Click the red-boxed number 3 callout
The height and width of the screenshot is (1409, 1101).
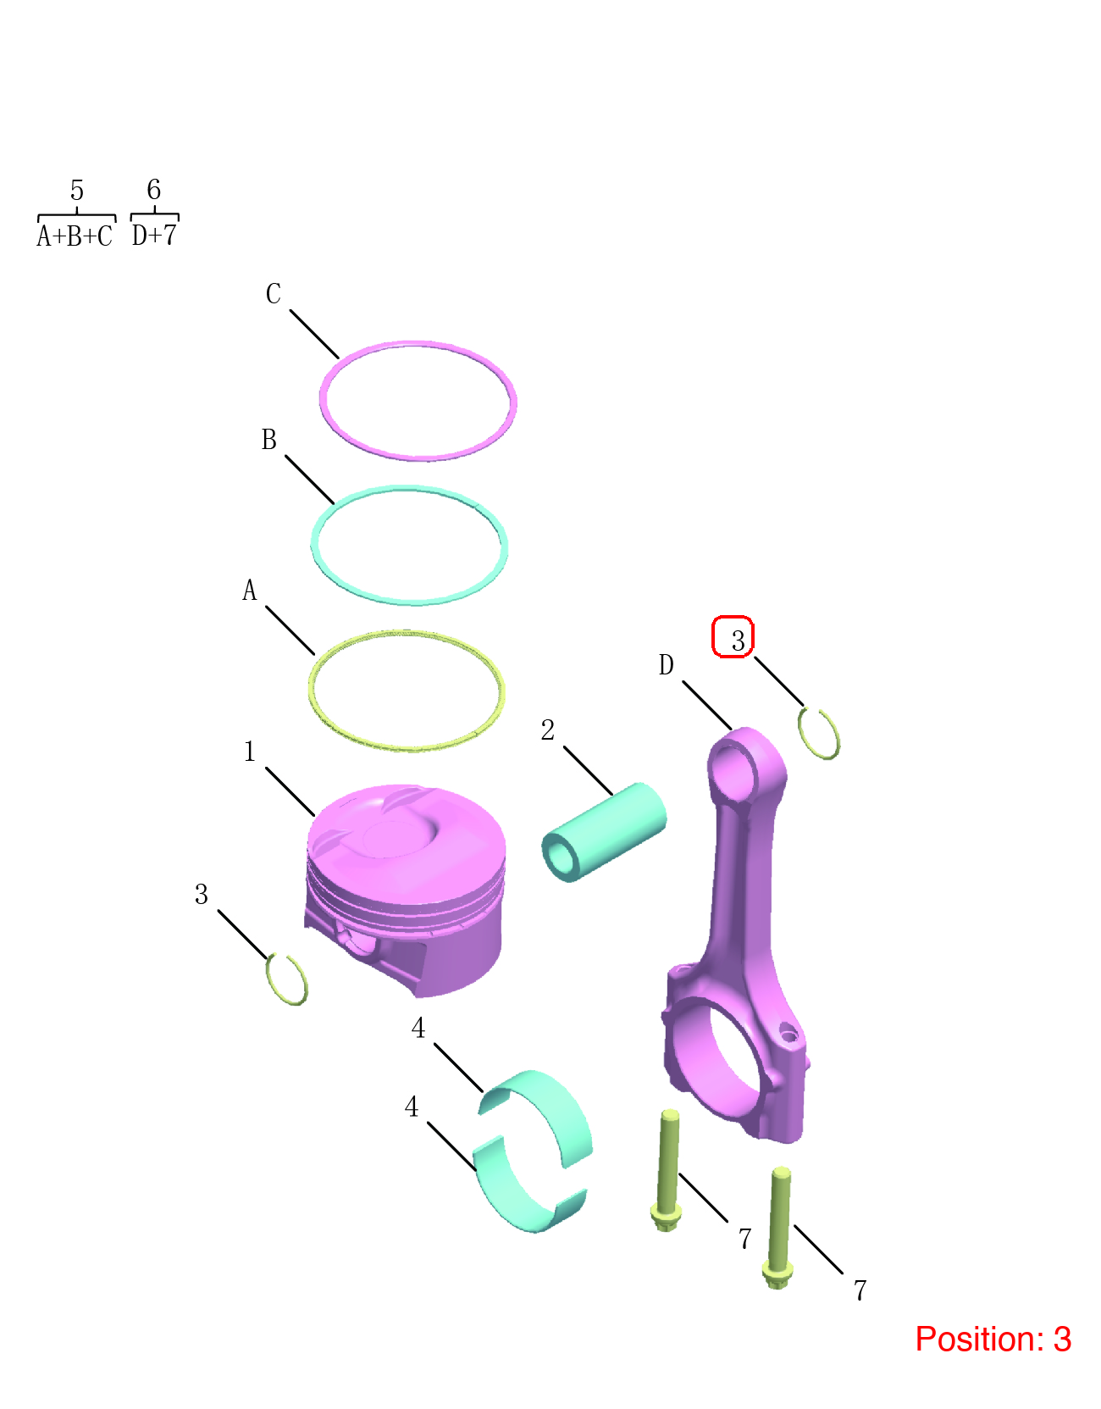tap(733, 636)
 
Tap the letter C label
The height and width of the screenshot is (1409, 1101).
tap(273, 293)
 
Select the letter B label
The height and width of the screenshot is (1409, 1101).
tap(268, 439)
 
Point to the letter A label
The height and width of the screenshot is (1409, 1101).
tap(250, 590)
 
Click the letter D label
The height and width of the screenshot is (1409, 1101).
tap(667, 664)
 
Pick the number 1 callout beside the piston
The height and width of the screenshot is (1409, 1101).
tap(250, 751)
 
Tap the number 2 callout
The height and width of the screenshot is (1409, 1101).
tap(548, 729)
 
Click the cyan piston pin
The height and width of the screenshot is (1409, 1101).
tap(604, 831)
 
